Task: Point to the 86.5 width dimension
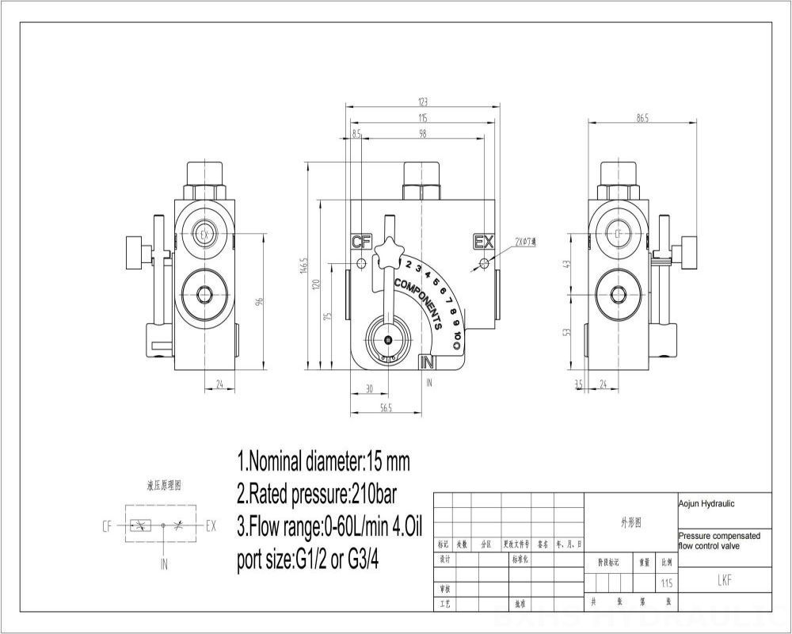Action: pos(642,118)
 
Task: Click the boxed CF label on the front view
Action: pos(361,242)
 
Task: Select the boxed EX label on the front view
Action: pos(482,242)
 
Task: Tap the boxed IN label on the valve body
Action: pos(428,362)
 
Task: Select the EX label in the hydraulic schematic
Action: pos(211,525)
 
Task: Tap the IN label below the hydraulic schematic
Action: pos(164,564)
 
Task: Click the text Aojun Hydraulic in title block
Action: pos(706,502)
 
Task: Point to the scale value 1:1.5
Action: pos(667,583)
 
